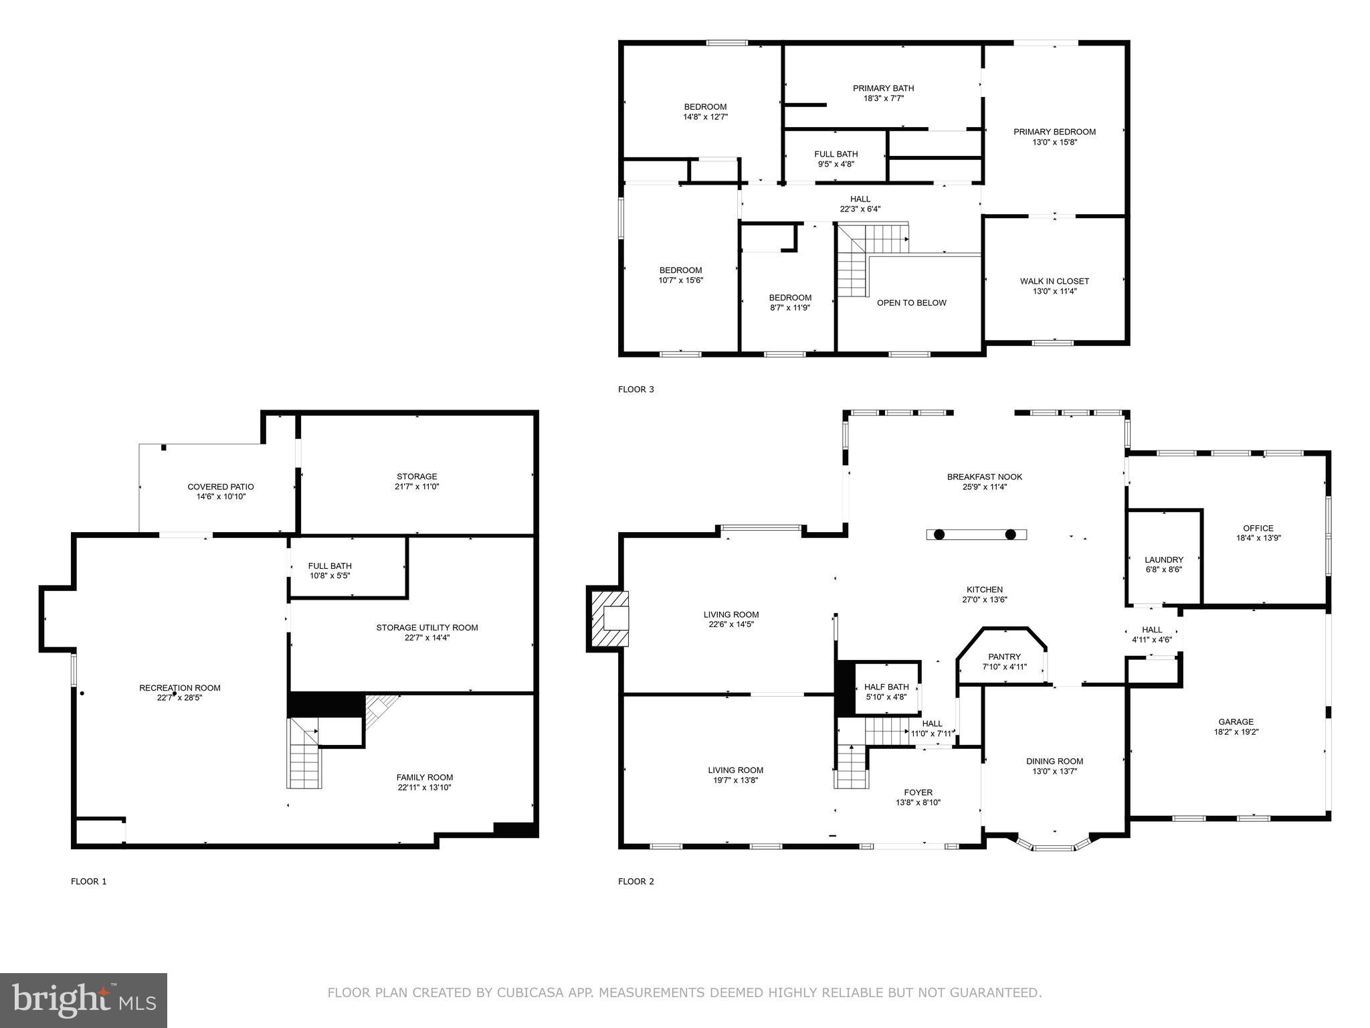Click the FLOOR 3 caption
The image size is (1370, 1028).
click(x=635, y=389)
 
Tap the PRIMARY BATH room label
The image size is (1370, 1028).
click(x=883, y=88)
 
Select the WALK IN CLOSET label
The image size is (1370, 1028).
click(x=1054, y=281)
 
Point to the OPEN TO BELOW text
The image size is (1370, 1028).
click(x=911, y=303)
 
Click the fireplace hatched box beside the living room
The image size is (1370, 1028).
click(x=608, y=618)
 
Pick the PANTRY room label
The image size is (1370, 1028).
click(x=1004, y=657)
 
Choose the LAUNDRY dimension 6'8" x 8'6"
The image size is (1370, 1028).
click(x=1163, y=570)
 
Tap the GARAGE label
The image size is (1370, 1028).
click(x=1236, y=721)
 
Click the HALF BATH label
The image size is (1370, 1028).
click(x=886, y=687)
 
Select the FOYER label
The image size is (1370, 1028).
click(x=918, y=792)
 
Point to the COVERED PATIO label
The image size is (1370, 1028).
click(x=220, y=487)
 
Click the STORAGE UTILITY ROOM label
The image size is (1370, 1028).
click(x=427, y=627)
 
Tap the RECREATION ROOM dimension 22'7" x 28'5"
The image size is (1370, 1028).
click(x=179, y=697)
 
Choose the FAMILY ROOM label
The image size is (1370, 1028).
click(x=424, y=777)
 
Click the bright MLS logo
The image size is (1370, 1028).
click(x=84, y=1000)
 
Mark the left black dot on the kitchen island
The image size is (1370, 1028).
click(x=939, y=534)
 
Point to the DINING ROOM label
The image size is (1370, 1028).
click(x=1054, y=761)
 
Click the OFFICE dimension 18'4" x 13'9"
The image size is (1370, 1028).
click(x=1258, y=537)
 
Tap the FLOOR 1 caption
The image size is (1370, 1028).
click(x=88, y=881)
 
